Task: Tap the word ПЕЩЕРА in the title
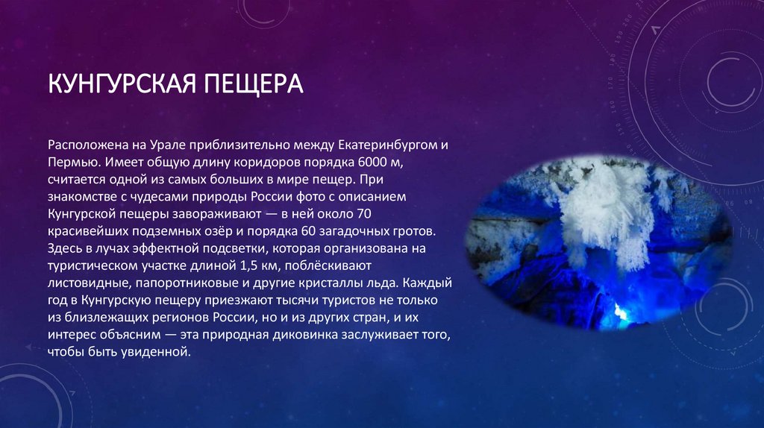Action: (253, 83)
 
